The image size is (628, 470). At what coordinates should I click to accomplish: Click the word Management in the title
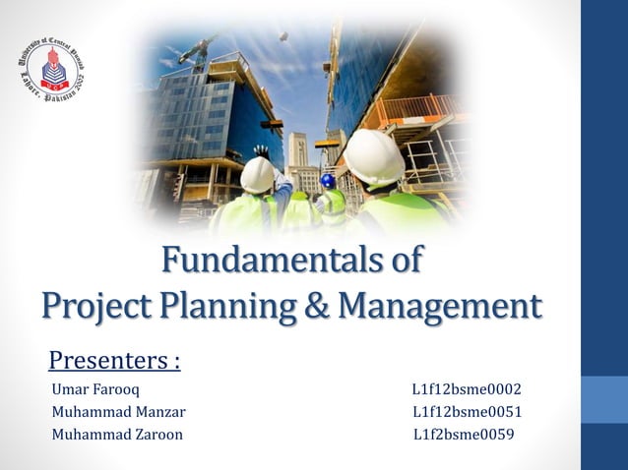[x=440, y=304]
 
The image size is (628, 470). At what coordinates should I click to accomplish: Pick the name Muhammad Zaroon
[x=117, y=435]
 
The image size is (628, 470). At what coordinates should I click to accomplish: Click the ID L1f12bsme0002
[x=467, y=389]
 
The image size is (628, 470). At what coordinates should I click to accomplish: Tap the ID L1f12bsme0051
[x=467, y=412]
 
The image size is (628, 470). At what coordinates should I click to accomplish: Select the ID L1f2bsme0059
[x=464, y=435]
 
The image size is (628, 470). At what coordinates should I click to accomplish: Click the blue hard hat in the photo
[x=328, y=181]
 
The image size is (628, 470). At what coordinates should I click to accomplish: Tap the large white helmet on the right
[x=374, y=156]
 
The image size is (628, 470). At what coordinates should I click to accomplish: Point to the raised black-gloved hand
[x=261, y=152]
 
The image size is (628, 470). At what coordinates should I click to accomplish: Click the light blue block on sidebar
[x=603, y=397]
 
